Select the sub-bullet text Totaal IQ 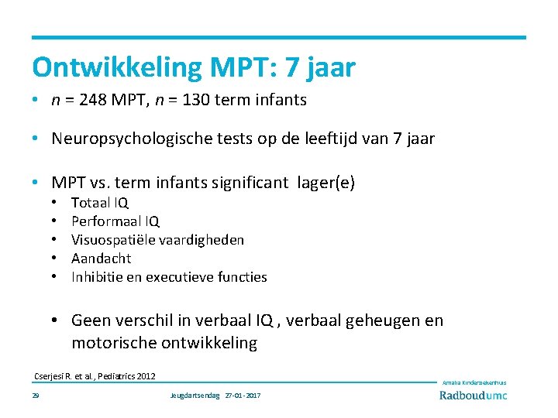pyautogui.click(x=100, y=203)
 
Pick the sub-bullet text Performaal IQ pyautogui.click(x=115, y=221)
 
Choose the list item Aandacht pyautogui.click(x=102, y=259)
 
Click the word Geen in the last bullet pyautogui.click(x=91, y=320)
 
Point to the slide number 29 pyautogui.click(x=36, y=396)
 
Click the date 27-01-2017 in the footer pyautogui.click(x=243, y=396)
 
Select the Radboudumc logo pyautogui.click(x=474, y=396)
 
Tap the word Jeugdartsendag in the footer pyautogui.click(x=195, y=396)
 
